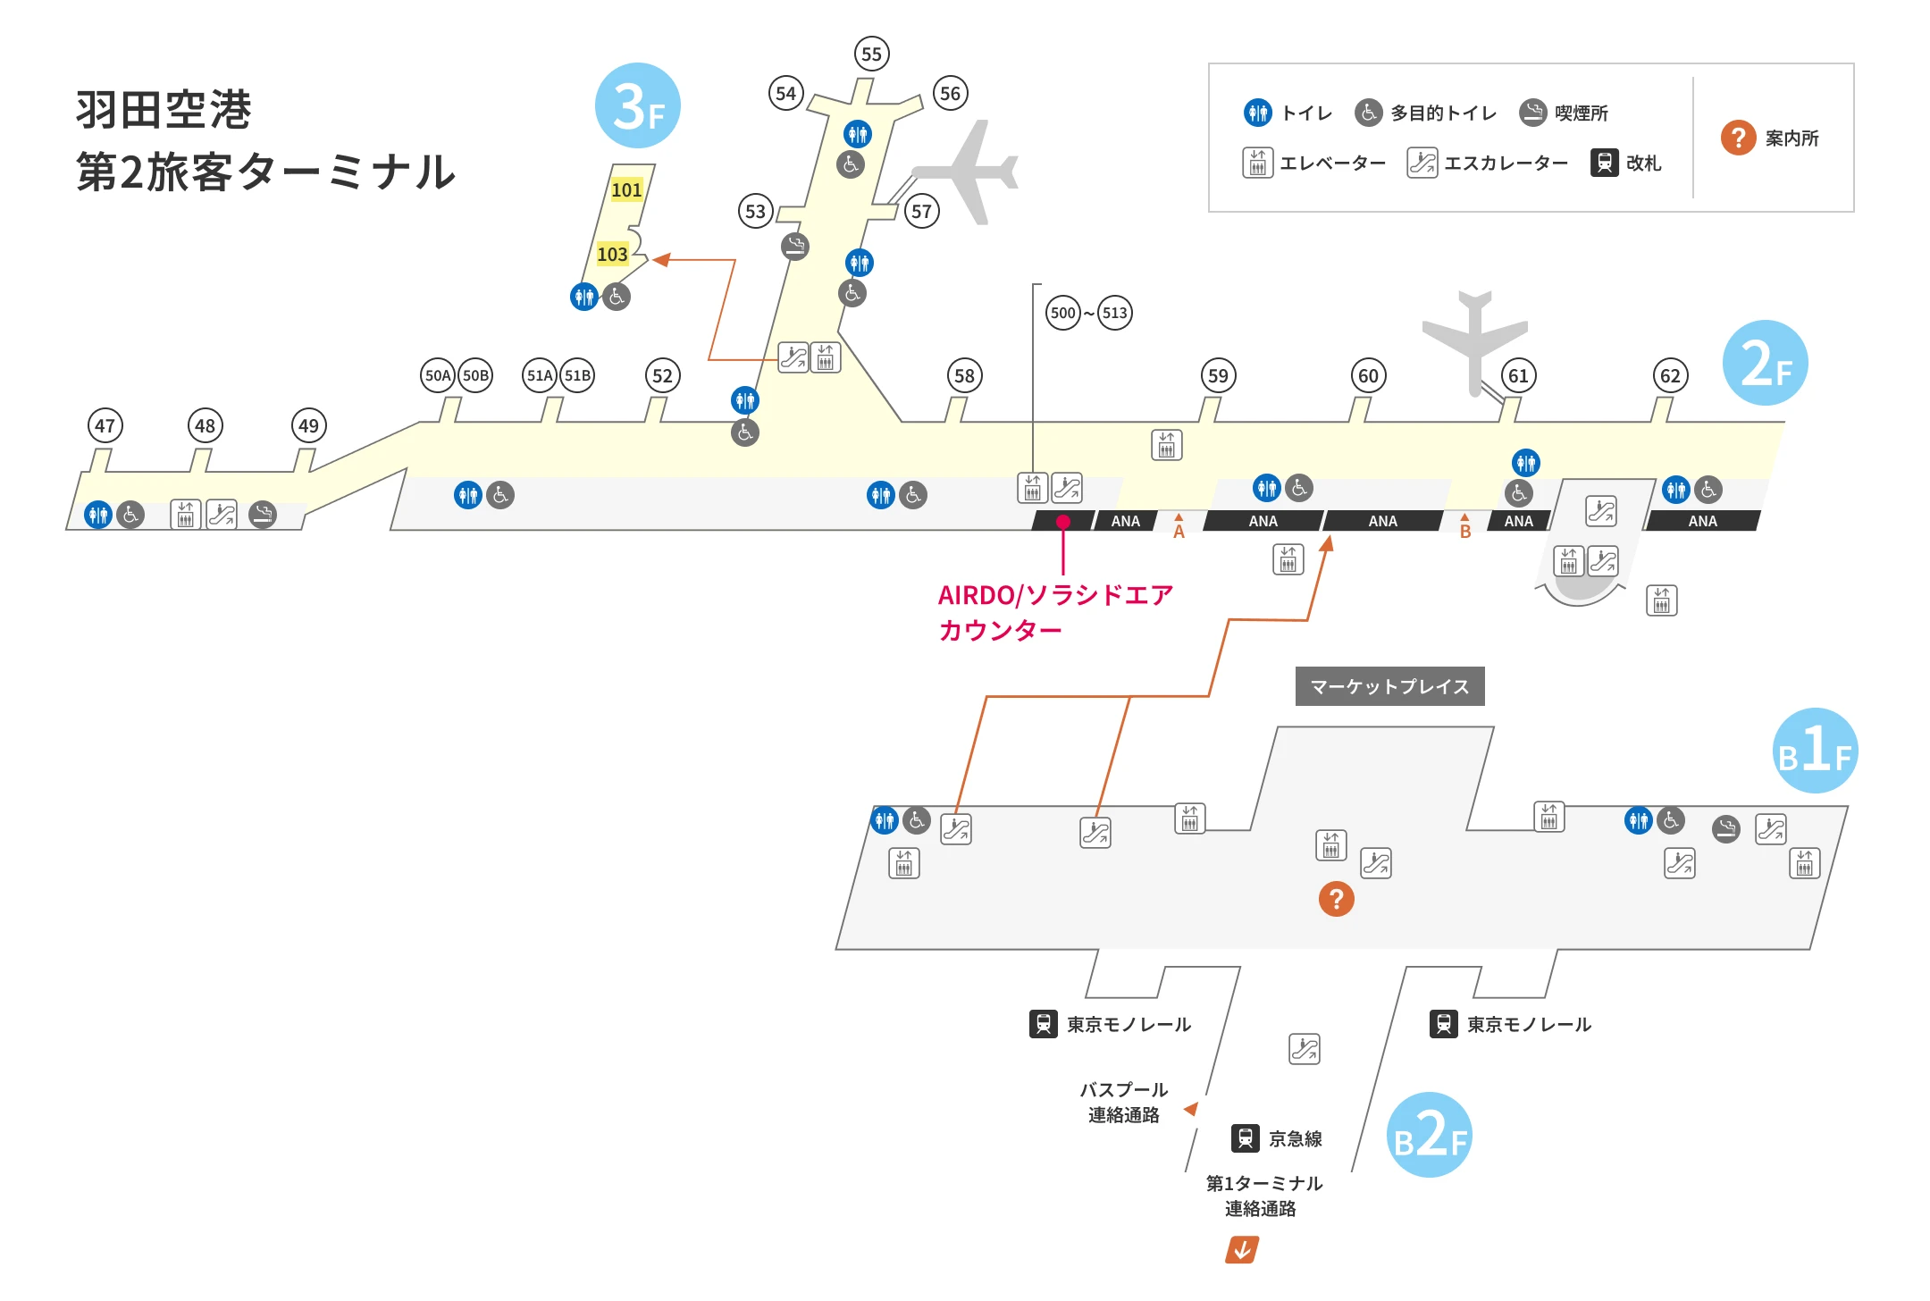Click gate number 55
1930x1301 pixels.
click(x=871, y=54)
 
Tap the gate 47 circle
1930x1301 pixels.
click(x=105, y=425)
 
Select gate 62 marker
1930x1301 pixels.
click(x=1670, y=375)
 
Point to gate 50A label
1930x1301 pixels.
click(x=438, y=375)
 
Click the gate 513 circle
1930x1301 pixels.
click(x=1114, y=313)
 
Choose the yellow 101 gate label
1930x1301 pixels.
click(x=626, y=189)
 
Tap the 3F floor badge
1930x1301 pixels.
click(x=638, y=105)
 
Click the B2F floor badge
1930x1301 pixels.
click(x=1429, y=1135)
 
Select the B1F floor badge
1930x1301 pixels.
click(x=1815, y=751)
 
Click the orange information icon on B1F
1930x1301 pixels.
click(x=1336, y=899)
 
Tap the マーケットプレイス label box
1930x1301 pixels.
click(x=1389, y=686)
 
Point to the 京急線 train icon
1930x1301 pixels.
click(x=1246, y=1138)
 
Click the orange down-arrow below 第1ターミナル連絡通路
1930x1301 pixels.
click(x=1242, y=1249)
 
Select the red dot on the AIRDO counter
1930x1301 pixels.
click(x=1062, y=522)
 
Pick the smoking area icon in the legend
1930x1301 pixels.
click(x=1532, y=113)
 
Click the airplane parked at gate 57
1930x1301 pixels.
click(x=969, y=172)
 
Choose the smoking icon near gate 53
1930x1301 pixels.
click(x=794, y=246)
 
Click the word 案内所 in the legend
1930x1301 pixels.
click(x=1792, y=138)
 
